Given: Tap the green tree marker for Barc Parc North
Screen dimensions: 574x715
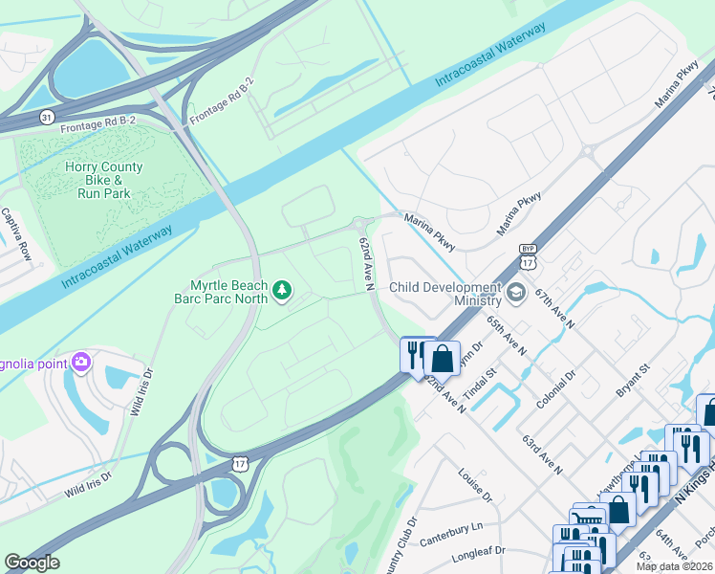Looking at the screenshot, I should click(282, 290).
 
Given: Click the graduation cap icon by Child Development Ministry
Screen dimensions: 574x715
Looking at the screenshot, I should click(517, 292).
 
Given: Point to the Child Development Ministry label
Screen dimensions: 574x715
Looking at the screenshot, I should click(445, 294).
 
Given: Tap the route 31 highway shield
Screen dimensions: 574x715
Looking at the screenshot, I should click(46, 116).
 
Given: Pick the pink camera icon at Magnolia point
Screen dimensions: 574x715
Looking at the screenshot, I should click(81, 361).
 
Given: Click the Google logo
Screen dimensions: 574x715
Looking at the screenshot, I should click(32, 563).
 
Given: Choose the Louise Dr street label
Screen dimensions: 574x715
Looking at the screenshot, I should click(474, 485).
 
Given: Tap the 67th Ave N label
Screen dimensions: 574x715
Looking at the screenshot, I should click(554, 308).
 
